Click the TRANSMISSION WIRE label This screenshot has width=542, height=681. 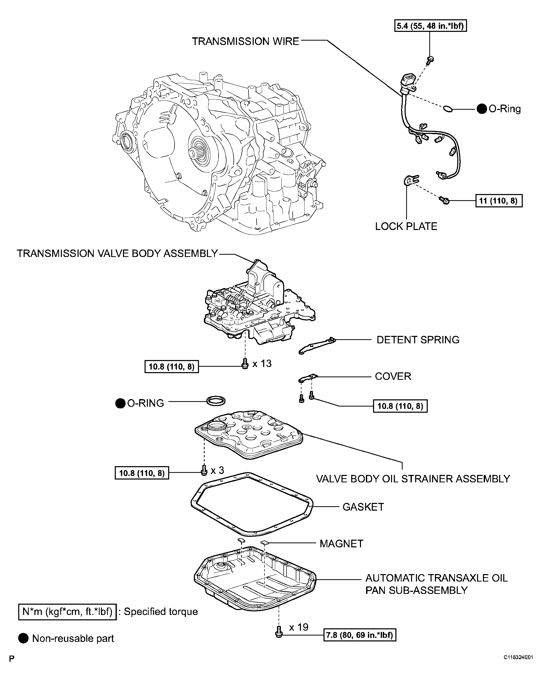[x=245, y=41]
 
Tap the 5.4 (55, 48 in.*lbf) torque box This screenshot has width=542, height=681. [x=430, y=26]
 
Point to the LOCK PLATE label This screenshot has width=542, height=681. [x=406, y=226]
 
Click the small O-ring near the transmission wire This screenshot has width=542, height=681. [x=448, y=109]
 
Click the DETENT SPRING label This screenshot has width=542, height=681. [x=418, y=340]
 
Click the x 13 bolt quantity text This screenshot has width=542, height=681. [x=262, y=364]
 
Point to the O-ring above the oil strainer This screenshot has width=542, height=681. [x=216, y=401]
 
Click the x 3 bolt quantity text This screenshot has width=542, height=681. [x=217, y=470]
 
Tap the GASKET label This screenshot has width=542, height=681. [x=363, y=507]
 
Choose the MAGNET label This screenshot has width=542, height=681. [x=341, y=544]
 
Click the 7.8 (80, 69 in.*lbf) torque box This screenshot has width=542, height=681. [x=359, y=635]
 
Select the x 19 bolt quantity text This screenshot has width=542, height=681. [x=298, y=627]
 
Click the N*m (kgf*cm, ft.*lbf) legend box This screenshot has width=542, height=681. [x=67, y=612]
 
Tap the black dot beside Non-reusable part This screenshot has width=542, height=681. [x=23, y=638]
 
